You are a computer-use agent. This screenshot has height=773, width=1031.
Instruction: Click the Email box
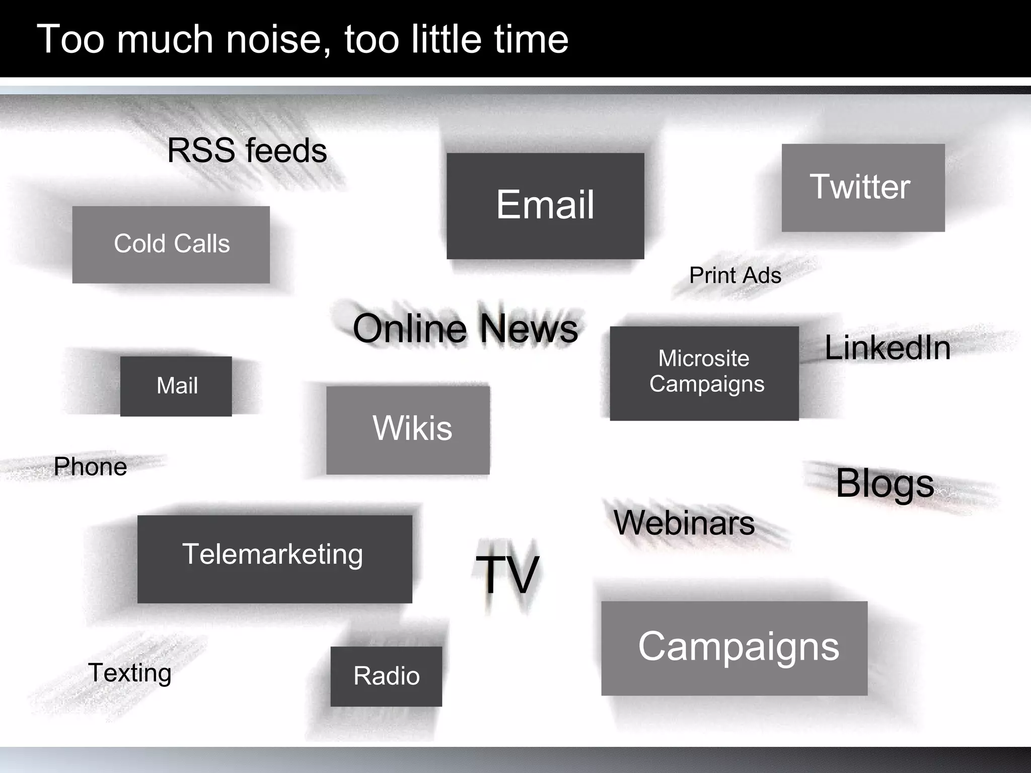(x=545, y=206)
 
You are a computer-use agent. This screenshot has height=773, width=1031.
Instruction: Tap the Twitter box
(x=863, y=188)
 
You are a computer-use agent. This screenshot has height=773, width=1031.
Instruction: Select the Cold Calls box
(x=171, y=245)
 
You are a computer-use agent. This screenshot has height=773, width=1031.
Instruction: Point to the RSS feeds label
(x=247, y=150)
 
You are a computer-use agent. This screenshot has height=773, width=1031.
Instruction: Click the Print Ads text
(x=735, y=275)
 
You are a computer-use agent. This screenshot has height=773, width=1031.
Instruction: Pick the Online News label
(x=465, y=329)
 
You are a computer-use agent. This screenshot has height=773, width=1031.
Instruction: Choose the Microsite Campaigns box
(x=704, y=373)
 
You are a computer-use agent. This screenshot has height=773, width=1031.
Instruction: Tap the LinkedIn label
(x=888, y=348)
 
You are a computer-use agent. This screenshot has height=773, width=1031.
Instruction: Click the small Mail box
(x=176, y=386)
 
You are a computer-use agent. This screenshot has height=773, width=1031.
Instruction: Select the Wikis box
(x=408, y=430)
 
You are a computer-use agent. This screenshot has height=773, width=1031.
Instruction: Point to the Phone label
(x=90, y=467)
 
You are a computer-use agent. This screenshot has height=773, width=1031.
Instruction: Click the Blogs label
(x=885, y=484)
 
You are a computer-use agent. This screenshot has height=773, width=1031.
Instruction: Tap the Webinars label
(x=684, y=523)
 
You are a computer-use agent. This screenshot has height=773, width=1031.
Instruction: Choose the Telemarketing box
(x=274, y=559)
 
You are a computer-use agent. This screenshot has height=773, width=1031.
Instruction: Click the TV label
(x=507, y=575)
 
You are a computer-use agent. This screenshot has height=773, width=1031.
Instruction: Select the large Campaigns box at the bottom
(x=734, y=648)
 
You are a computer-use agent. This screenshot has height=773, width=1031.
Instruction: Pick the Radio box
(x=386, y=676)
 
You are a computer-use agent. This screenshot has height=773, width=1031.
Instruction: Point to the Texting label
(x=130, y=673)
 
